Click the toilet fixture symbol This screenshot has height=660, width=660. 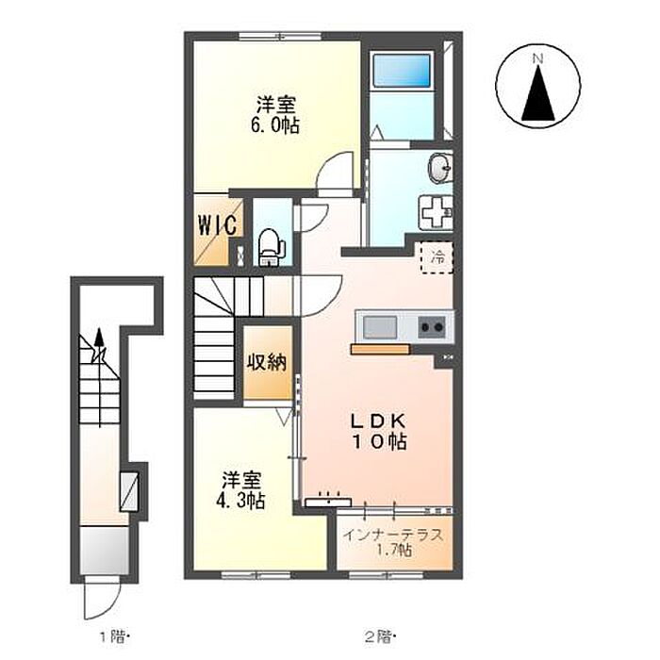[x=271, y=247]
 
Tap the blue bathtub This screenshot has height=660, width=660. [x=402, y=71]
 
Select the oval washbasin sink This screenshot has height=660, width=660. [x=439, y=168]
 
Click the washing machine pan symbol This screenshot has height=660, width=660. [x=436, y=212]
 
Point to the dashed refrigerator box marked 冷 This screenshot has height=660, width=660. [x=437, y=257]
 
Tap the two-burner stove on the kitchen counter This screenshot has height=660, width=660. [x=432, y=326]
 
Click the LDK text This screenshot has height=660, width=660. [x=379, y=421]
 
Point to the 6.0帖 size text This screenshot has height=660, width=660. [x=275, y=125]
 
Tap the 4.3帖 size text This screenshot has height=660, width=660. [x=240, y=501]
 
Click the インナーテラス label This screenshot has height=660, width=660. [x=393, y=536]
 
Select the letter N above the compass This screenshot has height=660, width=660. [x=537, y=58]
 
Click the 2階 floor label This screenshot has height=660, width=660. [x=379, y=636]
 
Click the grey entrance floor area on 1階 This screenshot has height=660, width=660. [x=104, y=550]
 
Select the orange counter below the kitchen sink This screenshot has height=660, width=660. [x=380, y=349]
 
